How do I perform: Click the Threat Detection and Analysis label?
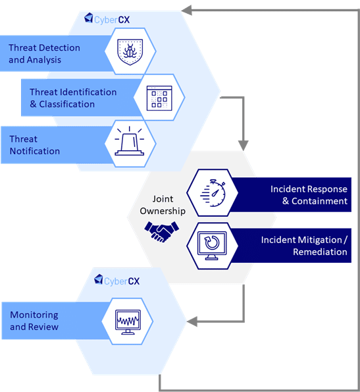click(x=44, y=54)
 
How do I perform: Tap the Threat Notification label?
click(x=34, y=145)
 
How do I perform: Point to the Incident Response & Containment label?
click(x=309, y=195)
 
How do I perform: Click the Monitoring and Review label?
click(x=34, y=321)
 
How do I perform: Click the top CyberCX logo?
click(x=107, y=20)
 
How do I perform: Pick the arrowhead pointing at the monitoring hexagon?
click(x=193, y=322)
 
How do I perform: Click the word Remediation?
click(x=320, y=252)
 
